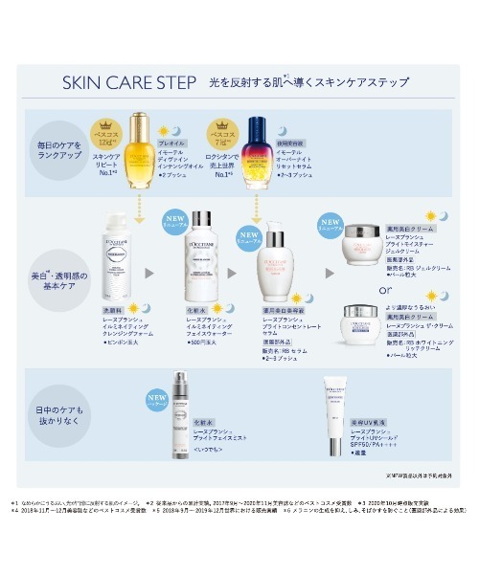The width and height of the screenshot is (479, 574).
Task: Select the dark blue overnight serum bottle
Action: (257, 148)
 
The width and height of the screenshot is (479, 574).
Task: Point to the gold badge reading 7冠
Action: (222, 133)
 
